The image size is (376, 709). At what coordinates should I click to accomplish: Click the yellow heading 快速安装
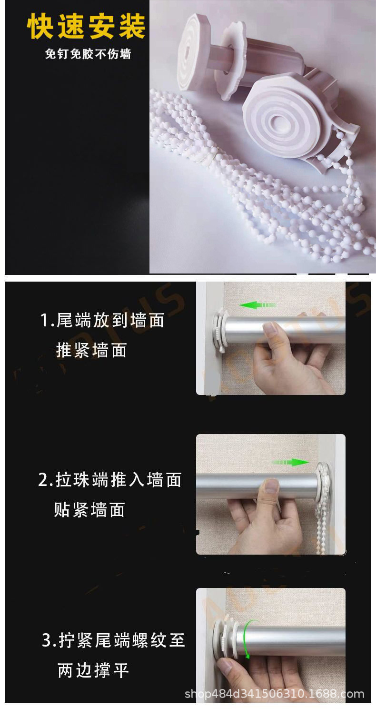(x=86, y=27)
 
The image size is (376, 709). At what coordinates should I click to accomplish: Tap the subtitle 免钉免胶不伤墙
(x=88, y=54)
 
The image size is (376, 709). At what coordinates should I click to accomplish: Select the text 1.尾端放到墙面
(x=102, y=321)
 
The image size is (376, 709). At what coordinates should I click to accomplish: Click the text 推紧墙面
(x=91, y=350)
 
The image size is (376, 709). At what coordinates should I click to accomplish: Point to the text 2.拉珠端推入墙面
(x=110, y=480)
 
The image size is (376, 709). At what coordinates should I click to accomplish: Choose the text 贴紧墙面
(x=89, y=510)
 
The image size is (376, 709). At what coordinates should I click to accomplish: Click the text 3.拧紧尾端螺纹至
(x=113, y=640)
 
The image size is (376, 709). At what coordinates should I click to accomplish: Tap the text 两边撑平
(x=93, y=670)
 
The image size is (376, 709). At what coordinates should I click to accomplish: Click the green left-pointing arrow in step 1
(x=257, y=304)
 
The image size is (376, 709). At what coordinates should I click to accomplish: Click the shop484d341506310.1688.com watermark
(x=274, y=694)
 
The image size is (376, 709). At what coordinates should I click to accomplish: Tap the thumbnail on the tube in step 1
(x=270, y=329)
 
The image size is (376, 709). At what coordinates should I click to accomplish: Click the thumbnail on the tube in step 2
(x=271, y=486)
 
